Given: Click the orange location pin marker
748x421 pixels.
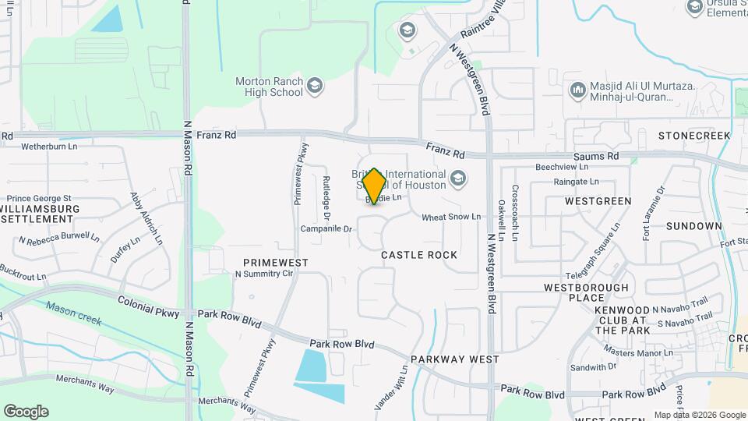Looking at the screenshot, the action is pyautogui.click(x=375, y=186).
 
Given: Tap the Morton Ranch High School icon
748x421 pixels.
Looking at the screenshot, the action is pyautogui.click(x=315, y=85).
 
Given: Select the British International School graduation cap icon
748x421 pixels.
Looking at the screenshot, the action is pyautogui.click(x=458, y=179).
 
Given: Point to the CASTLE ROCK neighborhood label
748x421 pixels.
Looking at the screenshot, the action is pyautogui.click(x=418, y=255).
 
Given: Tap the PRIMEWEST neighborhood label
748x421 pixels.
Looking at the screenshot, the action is pyautogui.click(x=275, y=263).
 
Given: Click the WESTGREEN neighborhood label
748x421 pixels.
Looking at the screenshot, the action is pyautogui.click(x=598, y=201).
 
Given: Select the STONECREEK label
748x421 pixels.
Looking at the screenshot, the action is pyautogui.click(x=694, y=136).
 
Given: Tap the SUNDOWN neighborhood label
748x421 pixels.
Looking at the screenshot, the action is pyautogui.click(x=694, y=226).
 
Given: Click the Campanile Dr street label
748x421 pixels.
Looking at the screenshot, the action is pyautogui.click(x=327, y=229).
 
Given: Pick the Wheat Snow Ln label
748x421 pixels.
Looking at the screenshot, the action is pyautogui.click(x=452, y=217).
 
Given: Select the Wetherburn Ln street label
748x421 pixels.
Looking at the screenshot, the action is pyautogui.click(x=49, y=146).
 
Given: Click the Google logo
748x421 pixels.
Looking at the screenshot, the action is pyautogui.click(x=26, y=411).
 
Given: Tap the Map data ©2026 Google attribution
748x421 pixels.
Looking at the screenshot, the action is pyautogui.click(x=699, y=415).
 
